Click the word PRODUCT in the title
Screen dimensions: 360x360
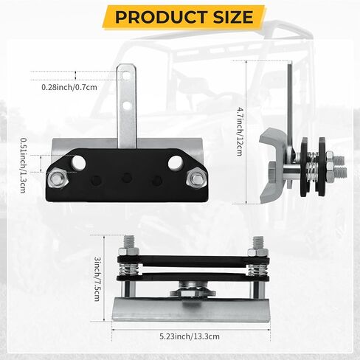(161, 17)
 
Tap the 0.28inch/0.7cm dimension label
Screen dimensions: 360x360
(69, 87)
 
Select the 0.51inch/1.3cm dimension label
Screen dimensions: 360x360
(24, 165)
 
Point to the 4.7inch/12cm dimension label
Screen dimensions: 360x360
(240, 131)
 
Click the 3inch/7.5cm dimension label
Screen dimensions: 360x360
(97, 279)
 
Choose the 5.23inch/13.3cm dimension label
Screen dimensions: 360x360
(190, 336)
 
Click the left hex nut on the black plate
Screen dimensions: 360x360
(58, 179)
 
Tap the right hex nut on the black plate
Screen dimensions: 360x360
(196, 179)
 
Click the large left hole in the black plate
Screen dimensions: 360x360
(78, 163)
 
